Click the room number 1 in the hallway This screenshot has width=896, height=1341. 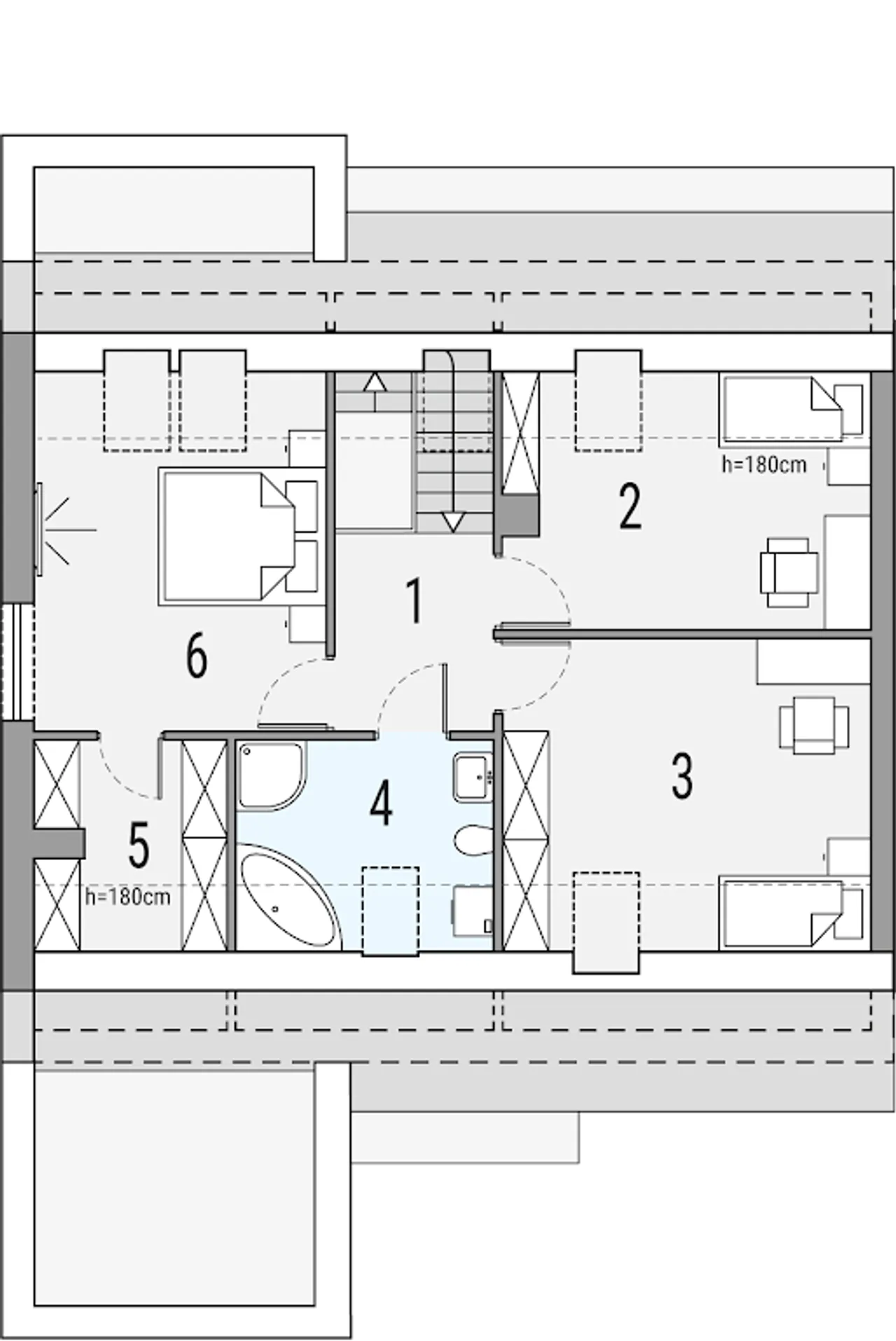(x=415, y=601)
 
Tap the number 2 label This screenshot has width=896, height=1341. (x=630, y=506)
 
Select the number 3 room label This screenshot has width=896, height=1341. (x=682, y=776)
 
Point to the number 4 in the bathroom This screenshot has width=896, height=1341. (x=381, y=803)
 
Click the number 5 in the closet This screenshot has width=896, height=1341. (x=139, y=845)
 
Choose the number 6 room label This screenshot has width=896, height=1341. (x=197, y=656)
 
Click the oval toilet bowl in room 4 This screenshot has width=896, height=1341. (x=473, y=840)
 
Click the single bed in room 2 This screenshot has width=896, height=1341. (x=791, y=409)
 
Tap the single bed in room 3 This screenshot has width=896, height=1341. (x=791, y=914)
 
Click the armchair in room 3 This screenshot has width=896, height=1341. (x=814, y=725)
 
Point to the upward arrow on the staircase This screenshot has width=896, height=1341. (x=375, y=391)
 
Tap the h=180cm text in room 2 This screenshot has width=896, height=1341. (x=764, y=464)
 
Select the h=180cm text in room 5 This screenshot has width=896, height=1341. (x=128, y=897)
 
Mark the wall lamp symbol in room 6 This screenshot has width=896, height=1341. (x=56, y=531)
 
